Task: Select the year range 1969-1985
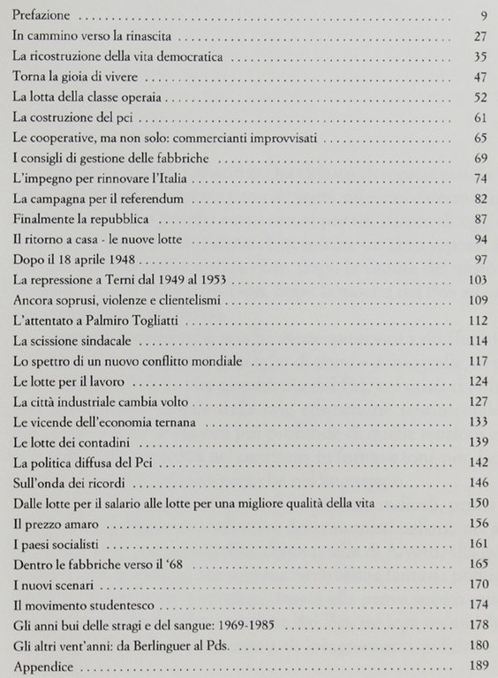[267, 626]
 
